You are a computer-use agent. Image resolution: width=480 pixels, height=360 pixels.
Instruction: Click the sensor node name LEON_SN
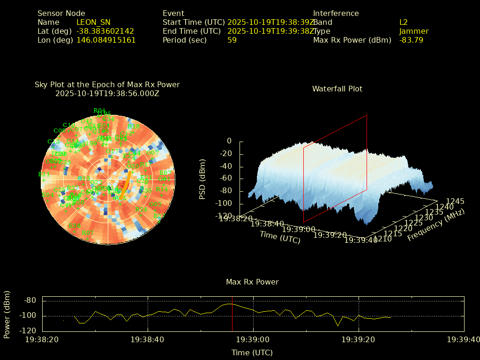click(x=93, y=22)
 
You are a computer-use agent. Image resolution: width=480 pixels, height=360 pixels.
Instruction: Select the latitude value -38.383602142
click(x=105, y=31)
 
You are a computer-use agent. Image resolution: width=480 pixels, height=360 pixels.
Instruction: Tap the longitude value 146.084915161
click(x=106, y=40)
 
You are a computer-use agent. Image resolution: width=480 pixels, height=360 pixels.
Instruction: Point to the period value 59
click(x=232, y=40)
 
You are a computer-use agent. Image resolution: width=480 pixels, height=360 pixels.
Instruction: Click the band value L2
click(x=403, y=22)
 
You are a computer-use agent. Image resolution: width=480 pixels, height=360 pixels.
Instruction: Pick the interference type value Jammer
click(x=413, y=31)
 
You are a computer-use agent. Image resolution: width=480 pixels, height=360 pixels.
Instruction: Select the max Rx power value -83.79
click(x=411, y=40)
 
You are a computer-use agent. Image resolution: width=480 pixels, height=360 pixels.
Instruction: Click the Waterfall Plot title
click(x=337, y=89)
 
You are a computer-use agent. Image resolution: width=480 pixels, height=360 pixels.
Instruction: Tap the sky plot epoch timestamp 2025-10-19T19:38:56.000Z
click(x=107, y=93)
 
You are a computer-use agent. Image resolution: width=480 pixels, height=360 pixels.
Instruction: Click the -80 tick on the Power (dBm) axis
click(x=30, y=300)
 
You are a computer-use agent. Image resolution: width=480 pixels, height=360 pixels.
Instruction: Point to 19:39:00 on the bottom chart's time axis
click(x=253, y=339)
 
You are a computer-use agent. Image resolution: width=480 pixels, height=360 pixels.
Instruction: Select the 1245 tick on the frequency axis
click(x=455, y=201)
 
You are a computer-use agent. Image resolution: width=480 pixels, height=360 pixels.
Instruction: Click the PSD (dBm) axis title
click(x=202, y=179)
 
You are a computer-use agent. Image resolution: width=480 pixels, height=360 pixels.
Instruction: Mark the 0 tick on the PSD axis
click(x=229, y=141)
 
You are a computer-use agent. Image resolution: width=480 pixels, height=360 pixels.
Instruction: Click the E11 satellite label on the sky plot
click(x=44, y=174)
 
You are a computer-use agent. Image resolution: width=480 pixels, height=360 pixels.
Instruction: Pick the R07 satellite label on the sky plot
click(x=87, y=233)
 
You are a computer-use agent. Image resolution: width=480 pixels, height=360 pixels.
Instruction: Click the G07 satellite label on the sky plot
click(x=153, y=152)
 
